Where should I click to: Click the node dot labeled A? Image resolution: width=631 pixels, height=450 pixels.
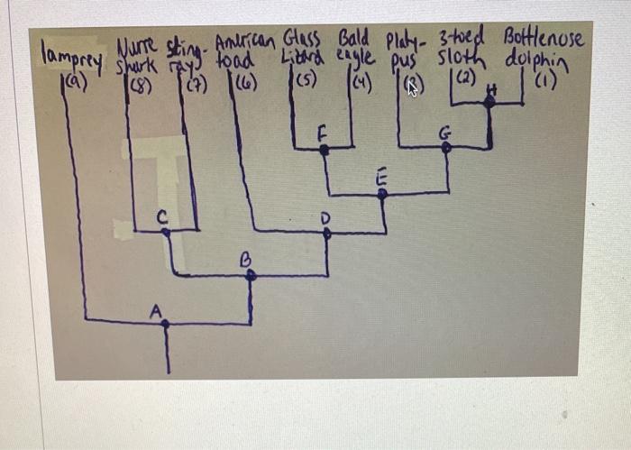(x=165, y=323)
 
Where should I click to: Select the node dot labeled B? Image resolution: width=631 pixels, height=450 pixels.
(x=251, y=275)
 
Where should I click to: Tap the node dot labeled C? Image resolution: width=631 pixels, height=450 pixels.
(x=165, y=232)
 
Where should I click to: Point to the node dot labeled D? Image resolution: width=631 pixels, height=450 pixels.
(x=327, y=233)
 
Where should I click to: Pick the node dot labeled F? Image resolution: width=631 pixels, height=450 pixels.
(x=324, y=150)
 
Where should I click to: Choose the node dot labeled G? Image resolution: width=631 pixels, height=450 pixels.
(x=445, y=147)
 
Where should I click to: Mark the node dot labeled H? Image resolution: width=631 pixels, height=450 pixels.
(x=489, y=102)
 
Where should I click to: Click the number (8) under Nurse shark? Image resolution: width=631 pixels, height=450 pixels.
(x=140, y=87)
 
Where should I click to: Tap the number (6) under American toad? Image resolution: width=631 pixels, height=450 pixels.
(x=244, y=86)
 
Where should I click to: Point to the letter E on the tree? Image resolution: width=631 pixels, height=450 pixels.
(x=381, y=180)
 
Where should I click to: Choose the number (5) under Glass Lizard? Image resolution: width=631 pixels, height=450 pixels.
(x=304, y=86)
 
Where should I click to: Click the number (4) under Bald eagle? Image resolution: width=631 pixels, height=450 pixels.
(x=360, y=86)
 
